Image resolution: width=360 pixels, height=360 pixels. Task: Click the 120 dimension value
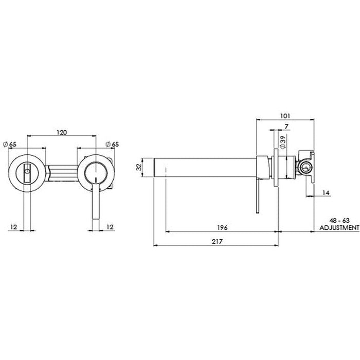[61, 132]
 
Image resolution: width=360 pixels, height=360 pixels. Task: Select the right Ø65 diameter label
[112, 144]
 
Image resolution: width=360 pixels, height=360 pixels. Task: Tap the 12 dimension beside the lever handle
[109, 226]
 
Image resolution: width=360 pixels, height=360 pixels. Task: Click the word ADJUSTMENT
[338, 227]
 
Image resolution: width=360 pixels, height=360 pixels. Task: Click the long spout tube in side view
[206, 167]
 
